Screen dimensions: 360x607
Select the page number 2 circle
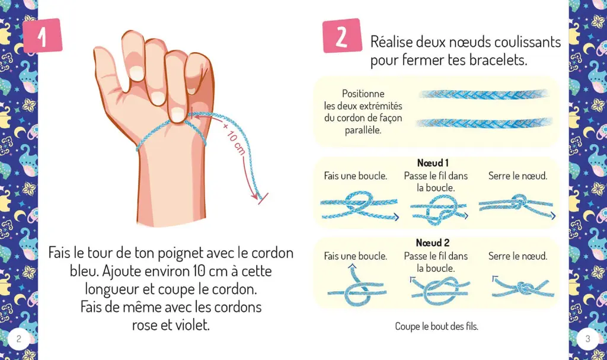19,339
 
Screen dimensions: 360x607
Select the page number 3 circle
587,339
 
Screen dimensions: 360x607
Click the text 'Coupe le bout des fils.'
437,327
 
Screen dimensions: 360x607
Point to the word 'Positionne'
363,94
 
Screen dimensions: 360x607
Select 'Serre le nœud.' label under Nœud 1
517,176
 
